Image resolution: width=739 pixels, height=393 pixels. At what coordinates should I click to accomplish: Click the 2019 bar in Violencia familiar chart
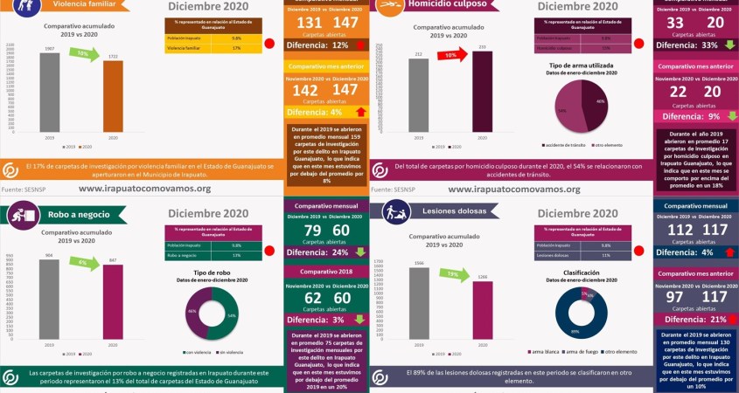point(49,91)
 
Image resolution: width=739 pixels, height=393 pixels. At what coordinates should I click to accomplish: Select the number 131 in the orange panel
point(310,22)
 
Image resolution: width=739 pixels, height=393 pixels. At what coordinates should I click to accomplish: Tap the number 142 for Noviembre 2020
point(305,90)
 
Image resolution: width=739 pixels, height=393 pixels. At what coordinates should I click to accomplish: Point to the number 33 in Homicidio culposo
point(675,22)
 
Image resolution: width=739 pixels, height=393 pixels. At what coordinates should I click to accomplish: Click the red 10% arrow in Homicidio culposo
point(451,55)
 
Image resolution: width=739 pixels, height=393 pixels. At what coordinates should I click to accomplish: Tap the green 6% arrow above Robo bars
point(82,263)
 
